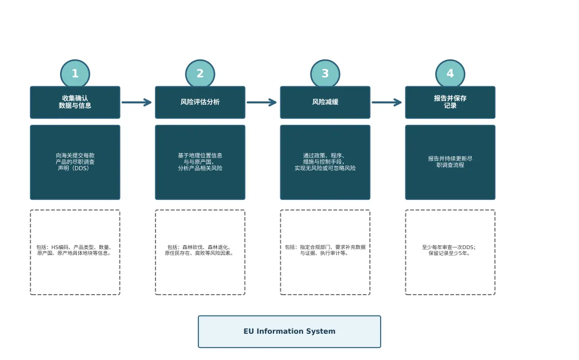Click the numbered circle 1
point(75,74)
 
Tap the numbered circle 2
point(200,74)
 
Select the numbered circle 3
point(325,74)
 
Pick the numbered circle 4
point(450,74)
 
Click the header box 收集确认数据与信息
point(75,102)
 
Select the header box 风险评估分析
point(200,102)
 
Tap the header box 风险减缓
point(325,102)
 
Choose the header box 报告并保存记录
point(450,102)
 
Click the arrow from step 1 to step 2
point(137,102)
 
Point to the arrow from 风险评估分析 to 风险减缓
point(262,102)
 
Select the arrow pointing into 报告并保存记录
point(387,102)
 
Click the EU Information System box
point(289,332)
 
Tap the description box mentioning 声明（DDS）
point(75,162)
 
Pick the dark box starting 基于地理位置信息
point(200,162)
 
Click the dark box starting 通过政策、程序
point(325,162)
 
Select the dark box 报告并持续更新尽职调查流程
point(450,162)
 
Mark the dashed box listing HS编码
point(75,252)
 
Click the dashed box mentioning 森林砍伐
point(200,252)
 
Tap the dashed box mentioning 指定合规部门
point(325,252)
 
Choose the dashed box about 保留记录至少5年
point(450,252)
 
